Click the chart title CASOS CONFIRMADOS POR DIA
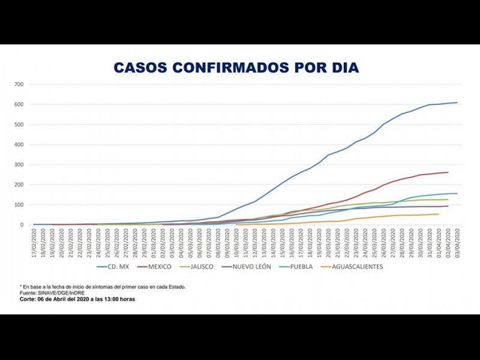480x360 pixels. click(236, 68)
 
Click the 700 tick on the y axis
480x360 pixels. click(19, 85)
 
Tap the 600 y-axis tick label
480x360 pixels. click(19, 104)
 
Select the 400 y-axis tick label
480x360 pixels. click(19, 145)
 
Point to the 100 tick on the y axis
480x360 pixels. click(19, 205)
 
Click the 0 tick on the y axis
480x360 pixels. click(22, 225)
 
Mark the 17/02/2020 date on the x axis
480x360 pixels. click(34, 240)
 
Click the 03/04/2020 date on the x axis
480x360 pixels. click(458, 240)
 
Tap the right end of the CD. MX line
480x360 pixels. click(457, 103)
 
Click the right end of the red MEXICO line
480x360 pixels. click(448, 172)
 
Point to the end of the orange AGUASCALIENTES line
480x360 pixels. click(439, 214)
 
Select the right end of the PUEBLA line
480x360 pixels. click(457, 193)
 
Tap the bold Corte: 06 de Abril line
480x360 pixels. click(77, 299)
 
